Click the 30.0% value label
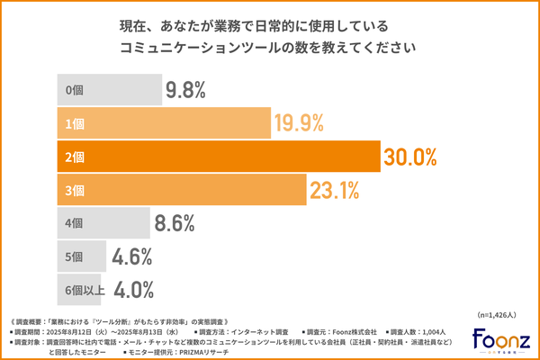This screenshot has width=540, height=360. pyautogui.click(x=410, y=157)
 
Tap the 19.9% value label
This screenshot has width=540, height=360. pyautogui.click(x=299, y=123)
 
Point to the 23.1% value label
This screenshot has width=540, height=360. pyautogui.click(x=335, y=190)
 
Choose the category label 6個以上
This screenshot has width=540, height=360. pyautogui.click(x=86, y=290)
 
